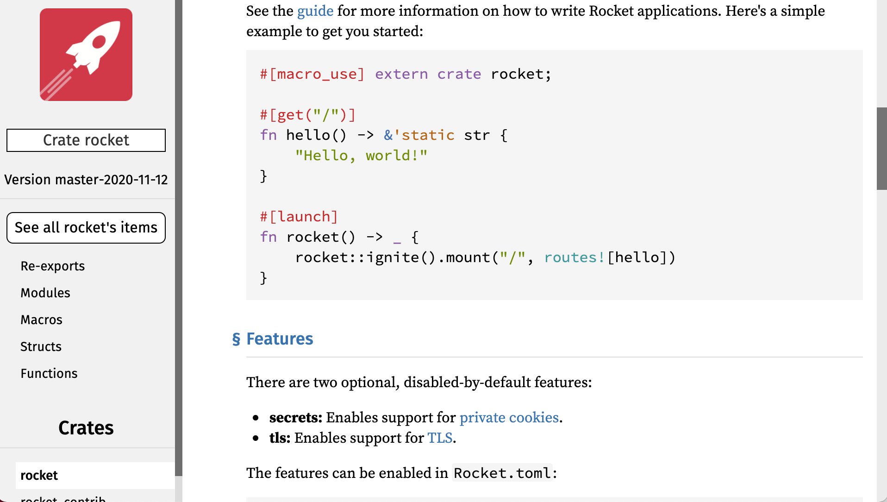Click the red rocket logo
(x=86, y=55)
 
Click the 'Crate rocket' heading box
(x=86, y=140)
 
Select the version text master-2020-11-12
(x=86, y=180)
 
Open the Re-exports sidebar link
(x=53, y=266)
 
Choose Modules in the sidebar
(x=45, y=293)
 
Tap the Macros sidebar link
(x=41, y=320)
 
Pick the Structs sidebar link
(x=41, y=347)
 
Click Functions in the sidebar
(x=49, y=374)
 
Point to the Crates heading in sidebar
(x=86, y=428)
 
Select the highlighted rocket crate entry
(x=39, y=476)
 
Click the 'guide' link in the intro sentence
(x=315, y=11)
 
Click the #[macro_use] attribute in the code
(x=312, y=74)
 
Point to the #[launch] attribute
(x=299, y=217)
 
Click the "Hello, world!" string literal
(x=361, y=156)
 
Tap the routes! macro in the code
(x=574, y=257)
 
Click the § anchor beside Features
(x=236, y=339)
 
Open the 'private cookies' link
(x=509, y=418)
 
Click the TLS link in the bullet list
(x=440, y=438)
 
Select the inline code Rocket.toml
(x=502, y=473)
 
